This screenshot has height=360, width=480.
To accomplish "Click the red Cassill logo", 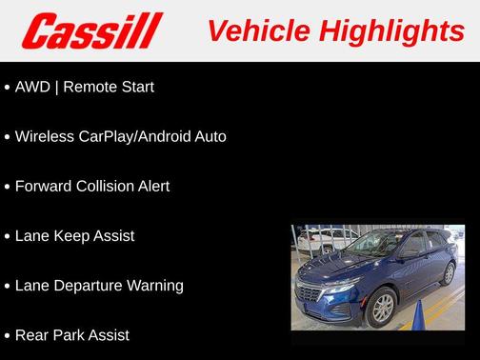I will [x=92, y=30].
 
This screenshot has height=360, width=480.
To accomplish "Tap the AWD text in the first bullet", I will [x=32, y=87].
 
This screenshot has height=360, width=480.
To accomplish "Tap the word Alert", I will [x=153, y=186].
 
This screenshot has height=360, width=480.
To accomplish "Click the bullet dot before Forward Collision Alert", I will [x=8, y=187].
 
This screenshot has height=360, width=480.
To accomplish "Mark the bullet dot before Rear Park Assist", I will [x=8, y=335].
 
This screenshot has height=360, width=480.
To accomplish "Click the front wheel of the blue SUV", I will [x=381, y=307].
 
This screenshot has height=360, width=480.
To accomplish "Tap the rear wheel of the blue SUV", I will [x=449, y=275].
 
